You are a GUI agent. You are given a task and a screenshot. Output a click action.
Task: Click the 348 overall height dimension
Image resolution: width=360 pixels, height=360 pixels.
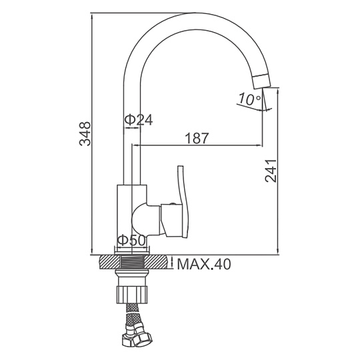tap(85, 134)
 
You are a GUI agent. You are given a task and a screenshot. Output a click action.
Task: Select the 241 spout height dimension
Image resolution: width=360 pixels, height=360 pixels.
tap(271, 171)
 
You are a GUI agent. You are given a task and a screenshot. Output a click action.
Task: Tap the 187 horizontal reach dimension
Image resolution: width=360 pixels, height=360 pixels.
tap(197, 138)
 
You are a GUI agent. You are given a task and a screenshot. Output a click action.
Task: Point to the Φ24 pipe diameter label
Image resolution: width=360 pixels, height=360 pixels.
tap(139, 119)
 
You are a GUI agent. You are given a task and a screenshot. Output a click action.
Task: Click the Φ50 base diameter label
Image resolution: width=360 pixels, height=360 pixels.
tap(131, 241)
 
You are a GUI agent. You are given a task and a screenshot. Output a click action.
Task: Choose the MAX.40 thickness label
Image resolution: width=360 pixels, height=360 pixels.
tap(204, 264)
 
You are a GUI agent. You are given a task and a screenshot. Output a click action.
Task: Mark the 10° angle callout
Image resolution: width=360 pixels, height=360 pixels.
tap(250, 99)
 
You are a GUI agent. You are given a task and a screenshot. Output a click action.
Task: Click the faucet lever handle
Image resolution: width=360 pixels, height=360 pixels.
tap(183, 201)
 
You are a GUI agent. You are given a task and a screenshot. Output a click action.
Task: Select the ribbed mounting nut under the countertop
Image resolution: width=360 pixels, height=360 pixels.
tap(132, 295)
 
